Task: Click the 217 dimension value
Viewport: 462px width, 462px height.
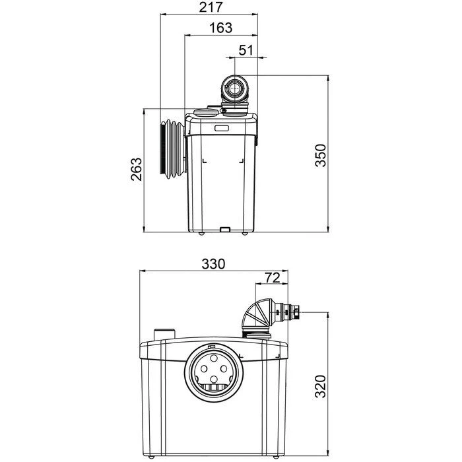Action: [211, 7]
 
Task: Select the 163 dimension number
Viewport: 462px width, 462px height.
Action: [221, 28]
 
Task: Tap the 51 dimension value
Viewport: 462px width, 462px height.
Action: [246, 50]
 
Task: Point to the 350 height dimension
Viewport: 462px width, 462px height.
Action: [321, 155]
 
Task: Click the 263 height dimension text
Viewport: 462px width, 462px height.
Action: [137, 169]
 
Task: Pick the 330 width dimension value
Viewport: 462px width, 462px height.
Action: [213, 264]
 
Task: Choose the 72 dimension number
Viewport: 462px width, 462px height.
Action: [272, 277]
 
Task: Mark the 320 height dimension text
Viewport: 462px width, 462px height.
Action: [321, 386]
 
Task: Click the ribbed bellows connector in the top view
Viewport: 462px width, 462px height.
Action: [173, 149]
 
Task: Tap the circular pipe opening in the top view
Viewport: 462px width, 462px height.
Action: [235, 88]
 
